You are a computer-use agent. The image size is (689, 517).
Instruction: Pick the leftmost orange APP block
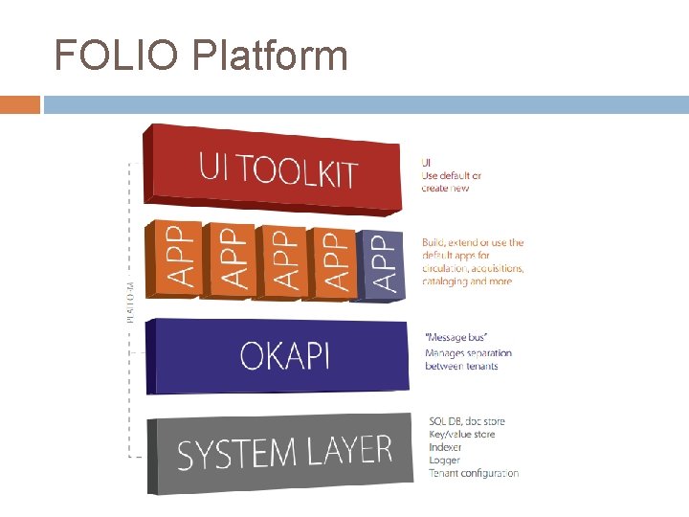173,258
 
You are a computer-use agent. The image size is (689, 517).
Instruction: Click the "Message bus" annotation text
456,338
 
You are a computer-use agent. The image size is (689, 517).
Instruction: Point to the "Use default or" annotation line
451,175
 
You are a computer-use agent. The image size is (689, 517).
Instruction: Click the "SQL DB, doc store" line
467,421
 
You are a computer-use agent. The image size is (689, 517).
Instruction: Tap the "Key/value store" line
463,435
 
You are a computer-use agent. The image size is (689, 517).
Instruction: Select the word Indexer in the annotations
445,447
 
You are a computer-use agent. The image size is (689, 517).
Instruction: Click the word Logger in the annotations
444,461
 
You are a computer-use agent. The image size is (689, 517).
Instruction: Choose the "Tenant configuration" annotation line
474,473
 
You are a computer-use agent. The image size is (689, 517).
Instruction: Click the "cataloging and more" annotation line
467,281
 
